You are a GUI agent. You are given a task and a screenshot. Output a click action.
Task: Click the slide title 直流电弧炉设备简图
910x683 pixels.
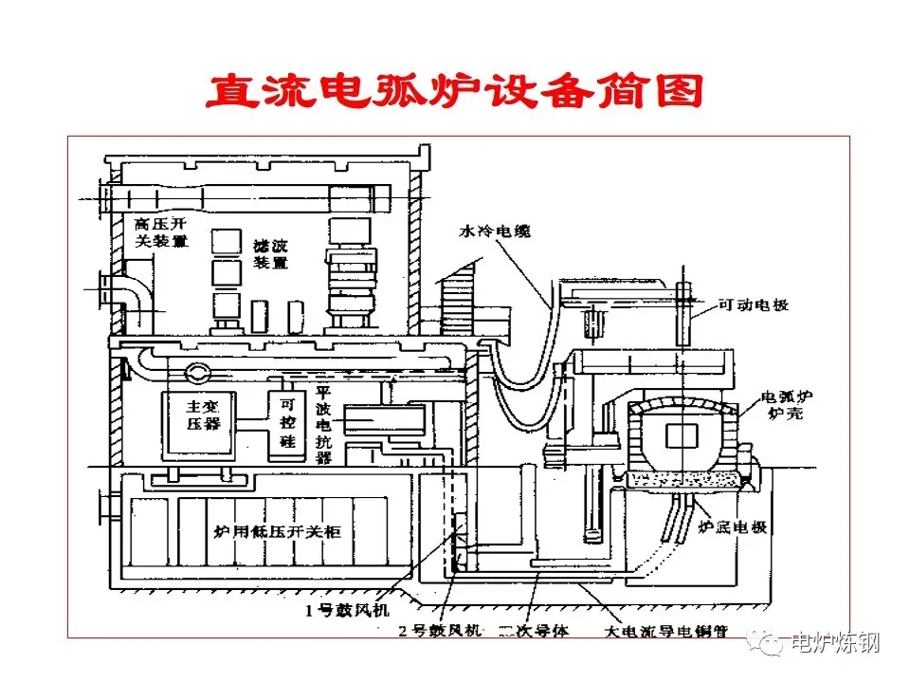pos(455,91)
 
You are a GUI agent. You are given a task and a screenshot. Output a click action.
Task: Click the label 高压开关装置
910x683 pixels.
pos(160,233)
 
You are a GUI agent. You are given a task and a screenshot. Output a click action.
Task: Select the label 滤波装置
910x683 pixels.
pos(270,254)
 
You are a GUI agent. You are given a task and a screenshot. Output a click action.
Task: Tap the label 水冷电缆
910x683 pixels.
pos(492,231)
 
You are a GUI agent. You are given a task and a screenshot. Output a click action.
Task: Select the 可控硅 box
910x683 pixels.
pos(283,422)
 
